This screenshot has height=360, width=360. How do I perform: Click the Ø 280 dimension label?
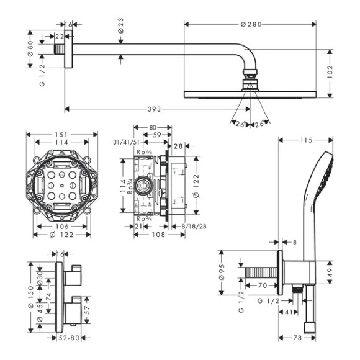tap(251, 24)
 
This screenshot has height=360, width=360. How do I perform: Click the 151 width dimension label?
tap(61, 134)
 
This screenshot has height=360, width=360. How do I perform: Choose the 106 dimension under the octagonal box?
tap(61, 227)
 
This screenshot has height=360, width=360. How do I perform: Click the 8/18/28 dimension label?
tap(194, 227)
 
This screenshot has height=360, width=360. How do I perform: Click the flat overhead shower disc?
tap(251, 94)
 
